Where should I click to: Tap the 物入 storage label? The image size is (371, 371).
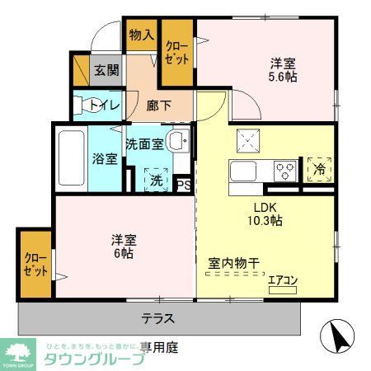coord(141,35)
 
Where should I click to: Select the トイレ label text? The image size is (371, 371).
coord(105,105)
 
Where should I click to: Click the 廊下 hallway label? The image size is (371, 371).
coord(158,106)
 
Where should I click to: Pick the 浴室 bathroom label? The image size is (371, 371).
coord(105,159)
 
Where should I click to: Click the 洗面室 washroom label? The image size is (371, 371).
coord(144,143)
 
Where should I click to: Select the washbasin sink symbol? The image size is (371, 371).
coord(177,141)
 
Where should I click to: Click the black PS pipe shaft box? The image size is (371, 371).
coord(185,185)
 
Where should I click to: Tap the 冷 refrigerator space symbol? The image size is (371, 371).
coord(319,169)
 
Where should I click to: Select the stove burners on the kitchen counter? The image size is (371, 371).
coord(285,172)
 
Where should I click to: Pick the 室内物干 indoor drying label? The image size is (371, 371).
coord(233,263)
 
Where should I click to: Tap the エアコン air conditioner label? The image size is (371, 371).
coord(283,280)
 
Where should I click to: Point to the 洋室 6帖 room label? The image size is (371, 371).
coord(124,247)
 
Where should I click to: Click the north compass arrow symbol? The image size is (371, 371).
coord(337,336)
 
